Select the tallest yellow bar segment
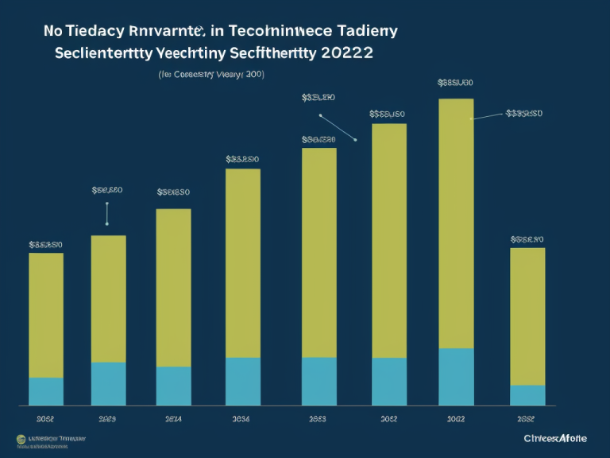[456, 223]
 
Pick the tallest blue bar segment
[456, 377]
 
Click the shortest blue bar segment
[527, 395]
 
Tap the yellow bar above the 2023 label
[109, 299]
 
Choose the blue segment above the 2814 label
[173, 386]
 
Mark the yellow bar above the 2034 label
[243, 263]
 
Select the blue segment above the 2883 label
[319, 382]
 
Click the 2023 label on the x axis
[107, 417]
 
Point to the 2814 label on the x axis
[173, 417]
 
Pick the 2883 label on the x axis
[318, 417]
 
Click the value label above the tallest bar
[455, 82]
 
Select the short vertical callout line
[106, 213]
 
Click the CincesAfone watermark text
[556, 438]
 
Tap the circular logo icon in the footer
[20, 439]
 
